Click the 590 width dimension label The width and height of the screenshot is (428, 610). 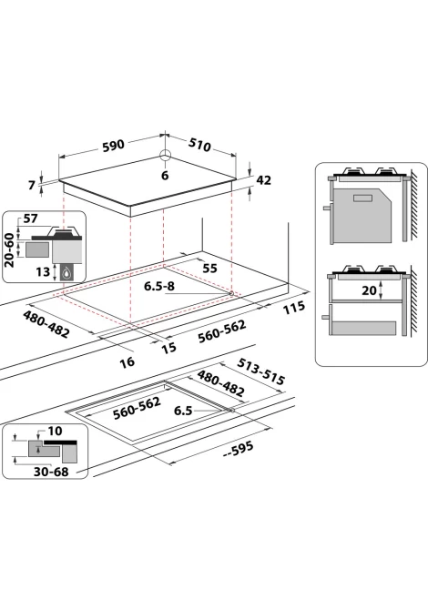coord(113,146)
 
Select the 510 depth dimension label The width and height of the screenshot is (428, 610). coord(200,145)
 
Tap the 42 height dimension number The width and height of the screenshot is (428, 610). coord(263,180)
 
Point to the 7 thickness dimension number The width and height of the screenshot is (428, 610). coord(32,185)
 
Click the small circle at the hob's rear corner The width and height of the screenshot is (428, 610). coord(165,155)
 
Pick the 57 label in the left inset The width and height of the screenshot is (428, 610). coord(31,219)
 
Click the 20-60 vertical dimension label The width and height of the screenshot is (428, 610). coord(9,250)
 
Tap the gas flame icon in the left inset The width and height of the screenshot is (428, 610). coord(67,273)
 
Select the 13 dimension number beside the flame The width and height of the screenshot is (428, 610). coord(43,271)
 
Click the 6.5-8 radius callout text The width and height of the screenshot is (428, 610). coord(159,286)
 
